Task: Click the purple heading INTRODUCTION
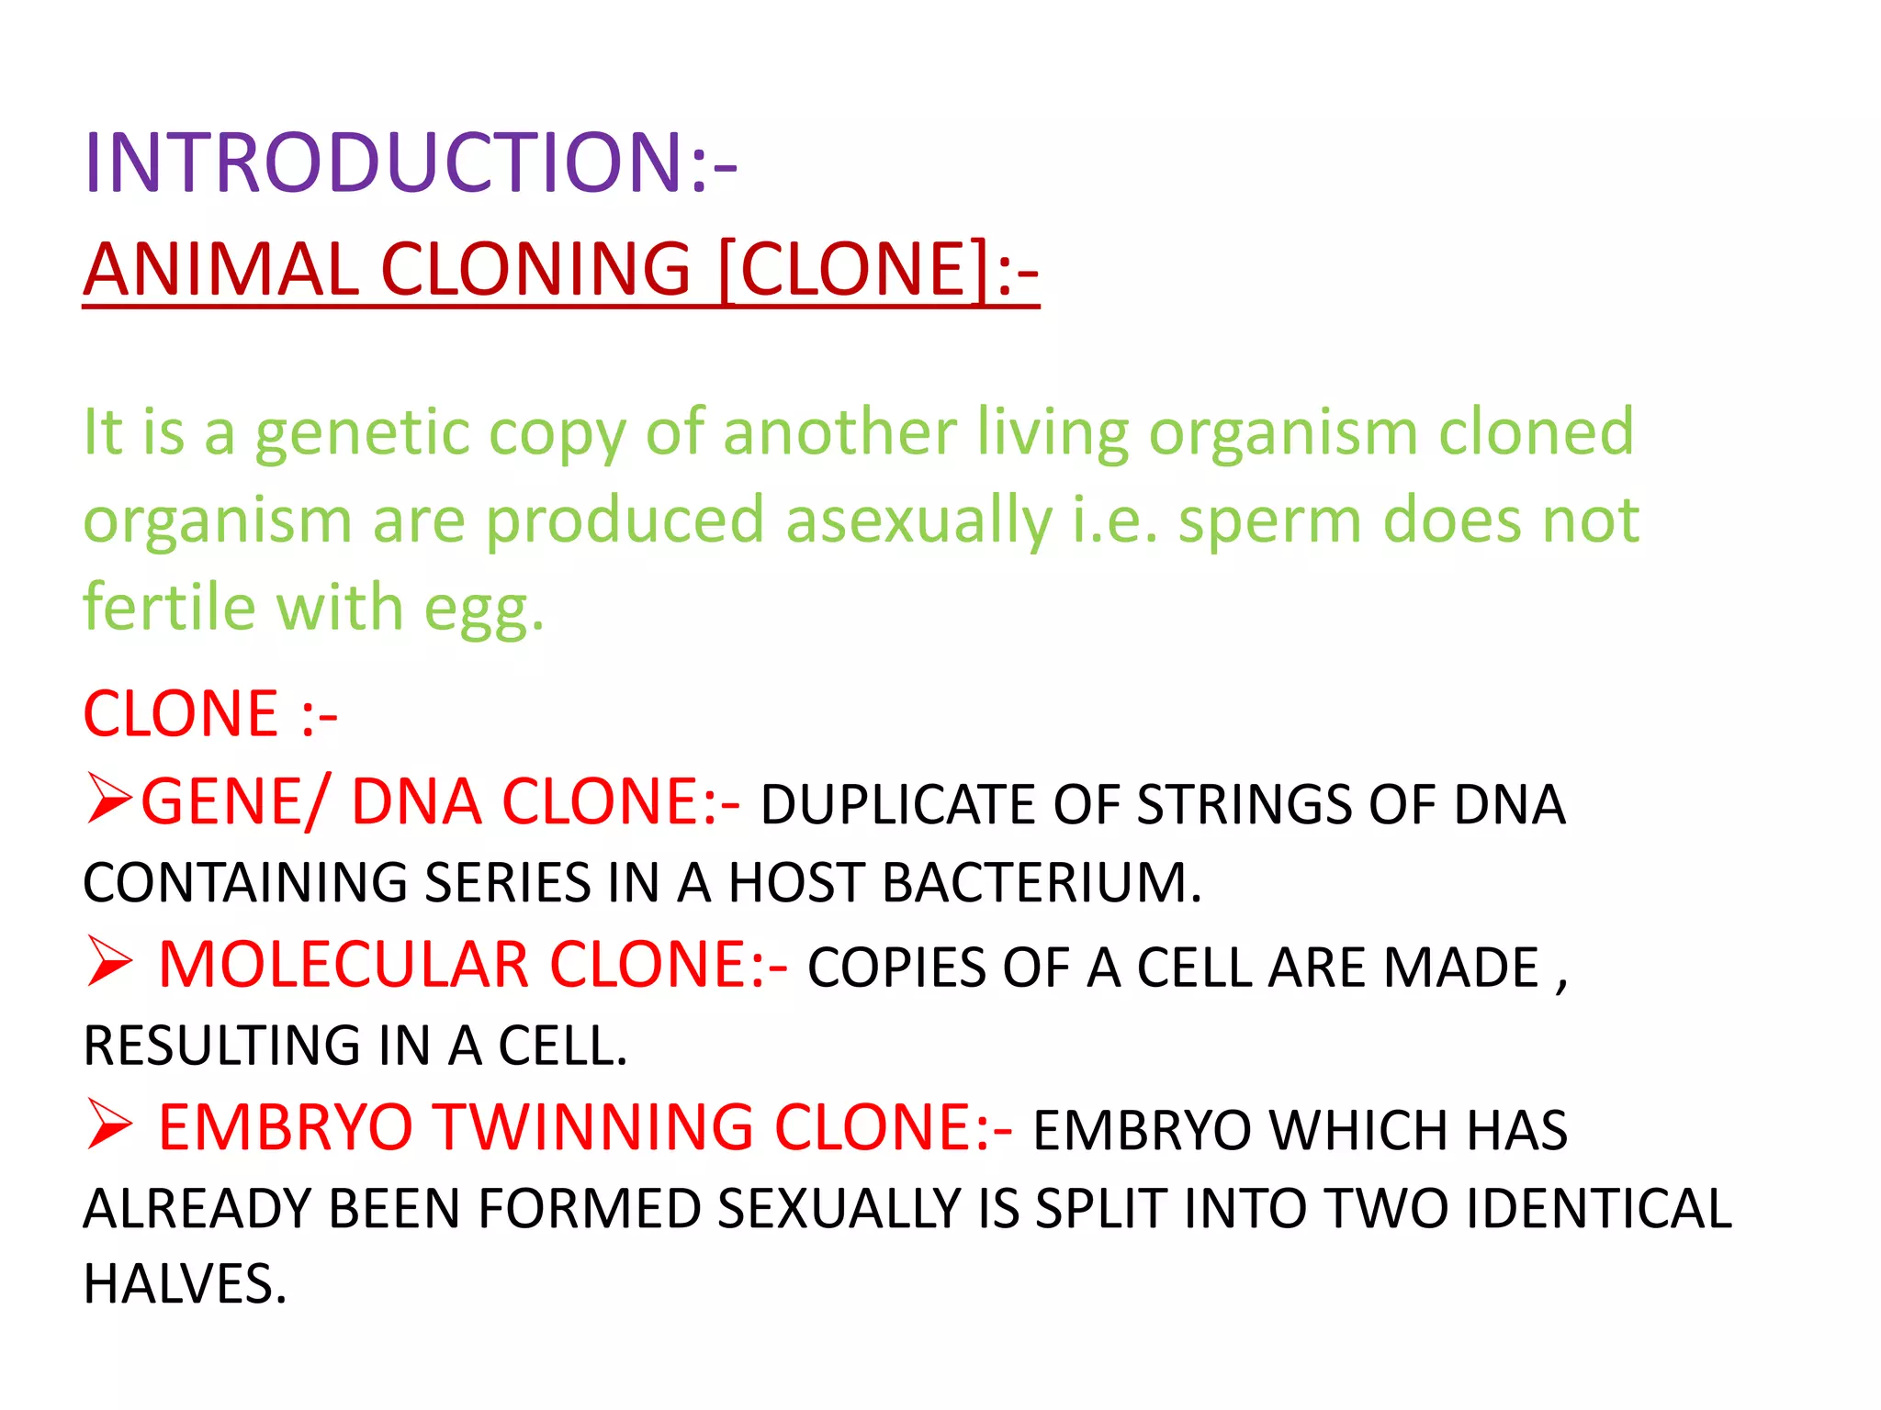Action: (x=409, y=163)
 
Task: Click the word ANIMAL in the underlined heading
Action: (x=220, y=270)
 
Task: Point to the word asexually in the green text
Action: (x=918, y=521)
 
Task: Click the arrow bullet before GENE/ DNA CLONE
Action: (x=110, y=799)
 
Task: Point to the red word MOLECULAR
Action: (x=344, y=965)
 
